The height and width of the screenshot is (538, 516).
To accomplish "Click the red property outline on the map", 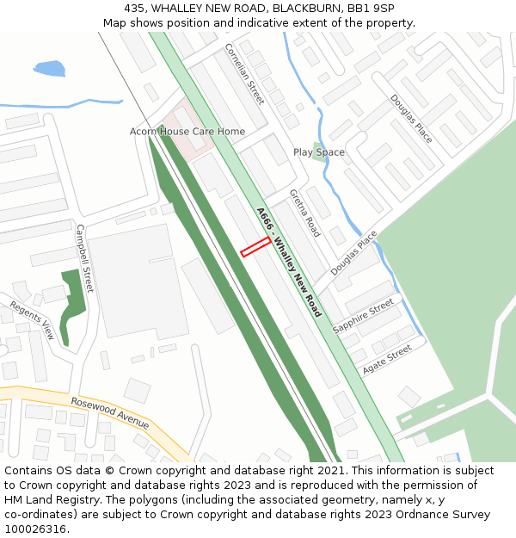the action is [255, 247].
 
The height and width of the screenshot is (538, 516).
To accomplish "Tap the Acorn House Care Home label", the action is [187, 132].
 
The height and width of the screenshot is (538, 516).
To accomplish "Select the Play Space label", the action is [318, 152].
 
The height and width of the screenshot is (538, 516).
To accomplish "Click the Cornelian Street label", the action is [244, 74].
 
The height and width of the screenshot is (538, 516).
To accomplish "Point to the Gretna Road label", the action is [304, 213].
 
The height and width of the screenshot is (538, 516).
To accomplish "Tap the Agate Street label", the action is [387, 360].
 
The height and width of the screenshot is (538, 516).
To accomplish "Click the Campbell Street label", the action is [84, 257].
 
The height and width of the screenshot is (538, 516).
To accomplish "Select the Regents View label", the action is [32, 320].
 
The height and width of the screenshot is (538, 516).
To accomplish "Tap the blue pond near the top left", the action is [48, 68].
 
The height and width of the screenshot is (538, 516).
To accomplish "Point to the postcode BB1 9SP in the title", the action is [371, 8].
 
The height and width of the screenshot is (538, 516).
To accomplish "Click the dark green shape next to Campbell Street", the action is [75, 293].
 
